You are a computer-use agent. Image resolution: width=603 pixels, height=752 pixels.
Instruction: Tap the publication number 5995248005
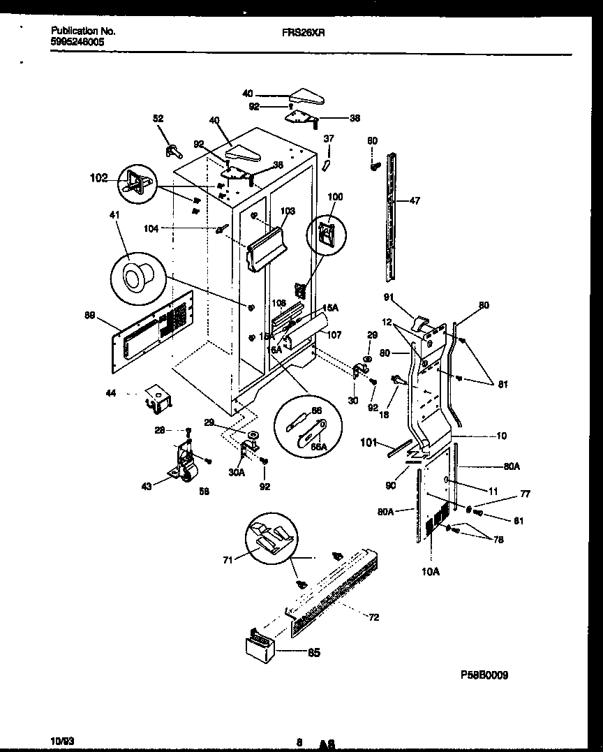pyautogui.click(x=79, y=42)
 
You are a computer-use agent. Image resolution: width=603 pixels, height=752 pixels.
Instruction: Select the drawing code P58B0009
pyautogui.click(x=484, y=675)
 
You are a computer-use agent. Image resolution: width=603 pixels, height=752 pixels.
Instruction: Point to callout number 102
pyautogui.click(x=99, y=179)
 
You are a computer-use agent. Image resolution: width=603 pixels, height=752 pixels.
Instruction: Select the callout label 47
pyautogui.click(x=415, y=201)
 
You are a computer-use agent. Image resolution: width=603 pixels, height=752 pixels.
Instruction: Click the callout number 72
pyautogui.click(x=374, y=617)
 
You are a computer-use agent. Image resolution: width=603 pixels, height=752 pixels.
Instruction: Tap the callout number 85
pyautogui.click(x=314, y=654)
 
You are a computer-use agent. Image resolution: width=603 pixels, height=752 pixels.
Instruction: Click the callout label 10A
pyautogui.click(x=431, y=571)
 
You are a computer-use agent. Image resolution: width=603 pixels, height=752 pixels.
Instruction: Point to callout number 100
pyautogui.click(x=335, y=198)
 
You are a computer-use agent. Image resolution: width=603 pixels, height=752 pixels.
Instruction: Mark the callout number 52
pyautogui.click(x=158, y=119)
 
